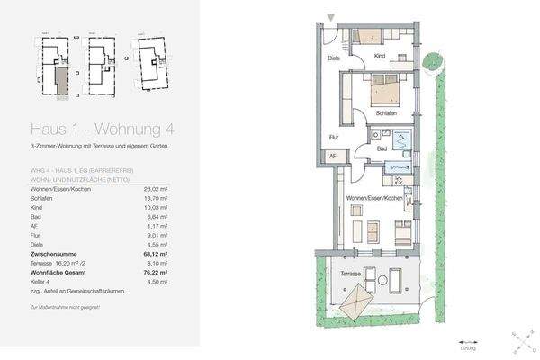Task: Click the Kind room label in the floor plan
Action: [382, 55]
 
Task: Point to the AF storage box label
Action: [333, 157]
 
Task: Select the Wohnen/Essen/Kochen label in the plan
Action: [373, 197]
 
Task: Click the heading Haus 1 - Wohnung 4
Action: [91, 128]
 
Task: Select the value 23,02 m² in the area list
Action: [157, 189]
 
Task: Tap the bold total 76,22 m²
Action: [157, 273]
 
